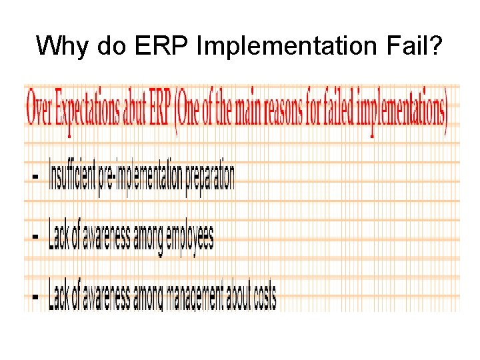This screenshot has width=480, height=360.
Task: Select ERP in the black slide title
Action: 159,45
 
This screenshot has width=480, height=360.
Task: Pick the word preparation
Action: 207,177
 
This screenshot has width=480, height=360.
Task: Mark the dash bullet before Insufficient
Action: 35,177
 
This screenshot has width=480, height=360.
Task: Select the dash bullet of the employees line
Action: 35,236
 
